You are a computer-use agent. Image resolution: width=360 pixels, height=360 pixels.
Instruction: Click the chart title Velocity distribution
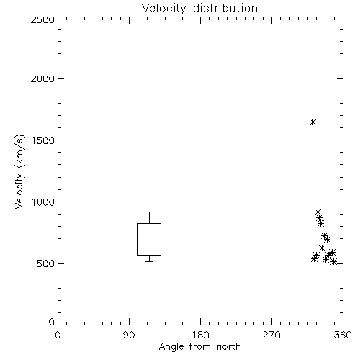(x=199, y=8)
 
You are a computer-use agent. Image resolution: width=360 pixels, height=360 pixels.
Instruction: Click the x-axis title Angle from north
(x=199, y=347)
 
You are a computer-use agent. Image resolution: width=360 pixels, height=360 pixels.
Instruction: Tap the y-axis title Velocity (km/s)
(x=19, y=171)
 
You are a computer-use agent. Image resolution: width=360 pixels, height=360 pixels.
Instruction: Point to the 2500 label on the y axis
(x=42, y=19)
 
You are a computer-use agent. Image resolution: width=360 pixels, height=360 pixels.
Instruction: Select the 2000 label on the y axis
(x=42, y=78)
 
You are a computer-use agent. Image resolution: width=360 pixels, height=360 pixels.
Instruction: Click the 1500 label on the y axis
(x=43, y=140)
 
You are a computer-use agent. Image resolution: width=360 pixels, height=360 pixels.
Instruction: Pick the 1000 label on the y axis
(x=43, y=202)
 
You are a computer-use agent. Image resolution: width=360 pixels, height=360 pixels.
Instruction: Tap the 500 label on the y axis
(x=46, y=264)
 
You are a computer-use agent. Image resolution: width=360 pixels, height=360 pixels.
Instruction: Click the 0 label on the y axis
(x=52, y=322)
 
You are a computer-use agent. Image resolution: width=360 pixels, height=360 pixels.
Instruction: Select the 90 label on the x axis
(x=129, y=335)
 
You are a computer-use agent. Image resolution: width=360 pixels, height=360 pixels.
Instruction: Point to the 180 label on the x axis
(x=200, y=335)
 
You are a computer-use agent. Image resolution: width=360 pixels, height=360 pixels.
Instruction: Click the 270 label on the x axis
(x=271, y=335)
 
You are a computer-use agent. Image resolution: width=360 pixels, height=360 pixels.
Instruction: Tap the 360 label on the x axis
(x=343, y=335)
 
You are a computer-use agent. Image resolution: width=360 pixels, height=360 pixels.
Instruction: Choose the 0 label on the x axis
(x=58, y=335)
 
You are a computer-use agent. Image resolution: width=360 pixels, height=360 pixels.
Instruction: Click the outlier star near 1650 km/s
(x=312, y=122)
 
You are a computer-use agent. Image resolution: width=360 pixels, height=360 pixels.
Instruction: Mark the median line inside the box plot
(x=149, y=248)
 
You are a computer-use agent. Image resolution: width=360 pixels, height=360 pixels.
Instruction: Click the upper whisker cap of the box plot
(x=149, y=212)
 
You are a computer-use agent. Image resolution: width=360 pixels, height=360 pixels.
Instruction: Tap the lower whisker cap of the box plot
(x=149, y=261)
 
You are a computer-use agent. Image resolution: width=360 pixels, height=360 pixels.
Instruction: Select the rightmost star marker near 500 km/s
(x=333, y=262)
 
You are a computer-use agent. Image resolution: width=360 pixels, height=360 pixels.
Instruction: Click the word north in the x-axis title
(x=229, y=347)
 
